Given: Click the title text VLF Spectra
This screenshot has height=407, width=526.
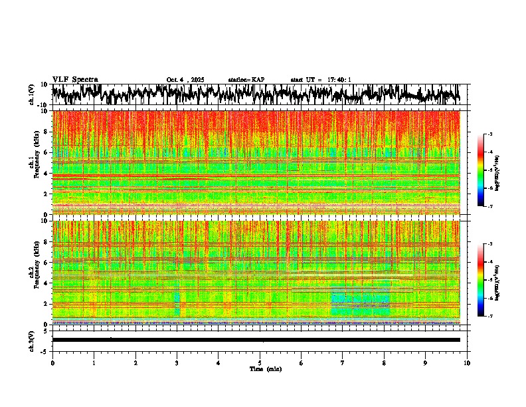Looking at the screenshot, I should pos(75,79).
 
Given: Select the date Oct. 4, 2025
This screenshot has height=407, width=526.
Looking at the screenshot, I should pos(185,80).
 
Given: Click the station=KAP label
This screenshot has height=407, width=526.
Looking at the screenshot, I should pos(246,80).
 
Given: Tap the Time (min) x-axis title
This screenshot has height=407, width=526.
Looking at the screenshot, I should pos(265,368).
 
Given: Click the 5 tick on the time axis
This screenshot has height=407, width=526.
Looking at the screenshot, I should pos(260,362).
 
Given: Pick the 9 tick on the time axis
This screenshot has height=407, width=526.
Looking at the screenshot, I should pos(426,362).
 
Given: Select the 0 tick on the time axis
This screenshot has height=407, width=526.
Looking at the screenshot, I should pos(52,362).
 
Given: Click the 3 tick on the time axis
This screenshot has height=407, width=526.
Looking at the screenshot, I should pos(177,362).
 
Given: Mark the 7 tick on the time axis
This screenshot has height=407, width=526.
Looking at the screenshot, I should pos(343,362).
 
